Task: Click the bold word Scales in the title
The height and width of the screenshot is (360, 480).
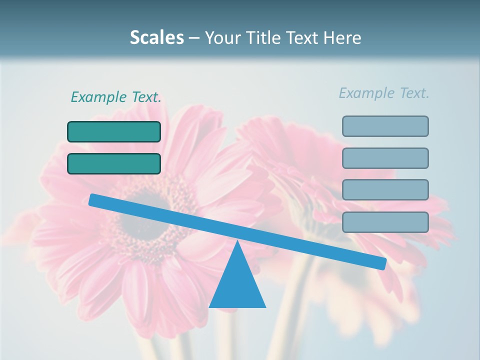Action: coord(157,37)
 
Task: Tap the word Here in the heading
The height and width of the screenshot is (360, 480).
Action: coord(341,37)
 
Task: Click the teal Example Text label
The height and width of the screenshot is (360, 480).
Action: coord(116,97)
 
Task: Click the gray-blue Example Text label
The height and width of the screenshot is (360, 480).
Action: coord(384,93)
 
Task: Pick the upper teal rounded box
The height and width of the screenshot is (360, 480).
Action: coord(114,131)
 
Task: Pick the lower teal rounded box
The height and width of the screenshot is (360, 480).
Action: coord(114,163)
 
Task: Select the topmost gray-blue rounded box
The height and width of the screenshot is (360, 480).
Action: coord(385,126)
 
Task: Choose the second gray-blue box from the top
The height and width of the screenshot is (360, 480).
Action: coord(385,158)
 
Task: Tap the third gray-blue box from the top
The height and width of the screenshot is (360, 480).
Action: coord(385,190)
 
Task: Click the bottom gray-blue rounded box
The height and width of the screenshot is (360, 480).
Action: coord(385,222)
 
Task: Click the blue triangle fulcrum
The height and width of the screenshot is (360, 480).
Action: coord(237,285)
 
